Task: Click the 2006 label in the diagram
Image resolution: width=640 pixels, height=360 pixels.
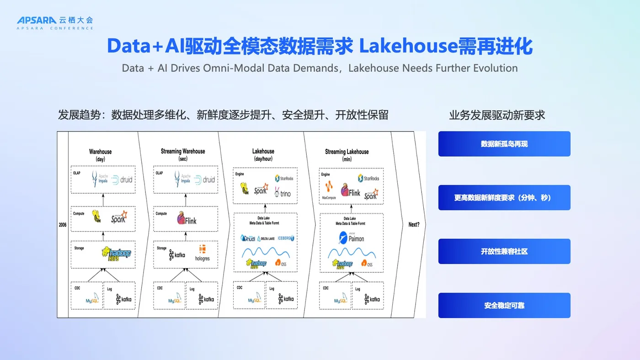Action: tap(63, 225)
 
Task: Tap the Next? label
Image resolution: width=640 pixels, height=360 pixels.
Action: tap(413, 225)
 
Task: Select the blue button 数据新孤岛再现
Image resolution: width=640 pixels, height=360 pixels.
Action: tap(504, 144)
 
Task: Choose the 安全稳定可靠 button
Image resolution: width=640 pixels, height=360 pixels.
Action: tap(504, 305)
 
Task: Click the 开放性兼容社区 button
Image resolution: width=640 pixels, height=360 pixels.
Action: tap(504, 251)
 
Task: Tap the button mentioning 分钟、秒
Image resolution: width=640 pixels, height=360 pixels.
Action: tap(504, 198)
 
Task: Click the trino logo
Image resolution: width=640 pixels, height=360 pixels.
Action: tap(283, 193)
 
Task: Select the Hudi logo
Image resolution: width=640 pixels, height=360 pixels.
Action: tap(248, 238)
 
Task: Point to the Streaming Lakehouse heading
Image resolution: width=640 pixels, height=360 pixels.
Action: tap(347, 152)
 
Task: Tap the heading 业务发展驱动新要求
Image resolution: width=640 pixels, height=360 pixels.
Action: tap(497, 115)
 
